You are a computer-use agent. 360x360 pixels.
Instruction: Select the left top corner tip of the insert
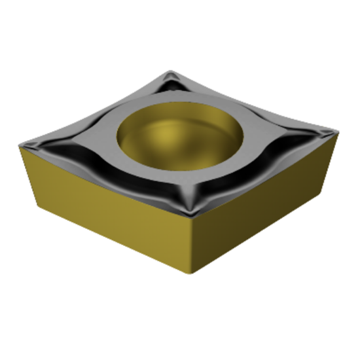point(21,145)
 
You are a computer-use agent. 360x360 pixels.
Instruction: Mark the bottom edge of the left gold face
point(115,243)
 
